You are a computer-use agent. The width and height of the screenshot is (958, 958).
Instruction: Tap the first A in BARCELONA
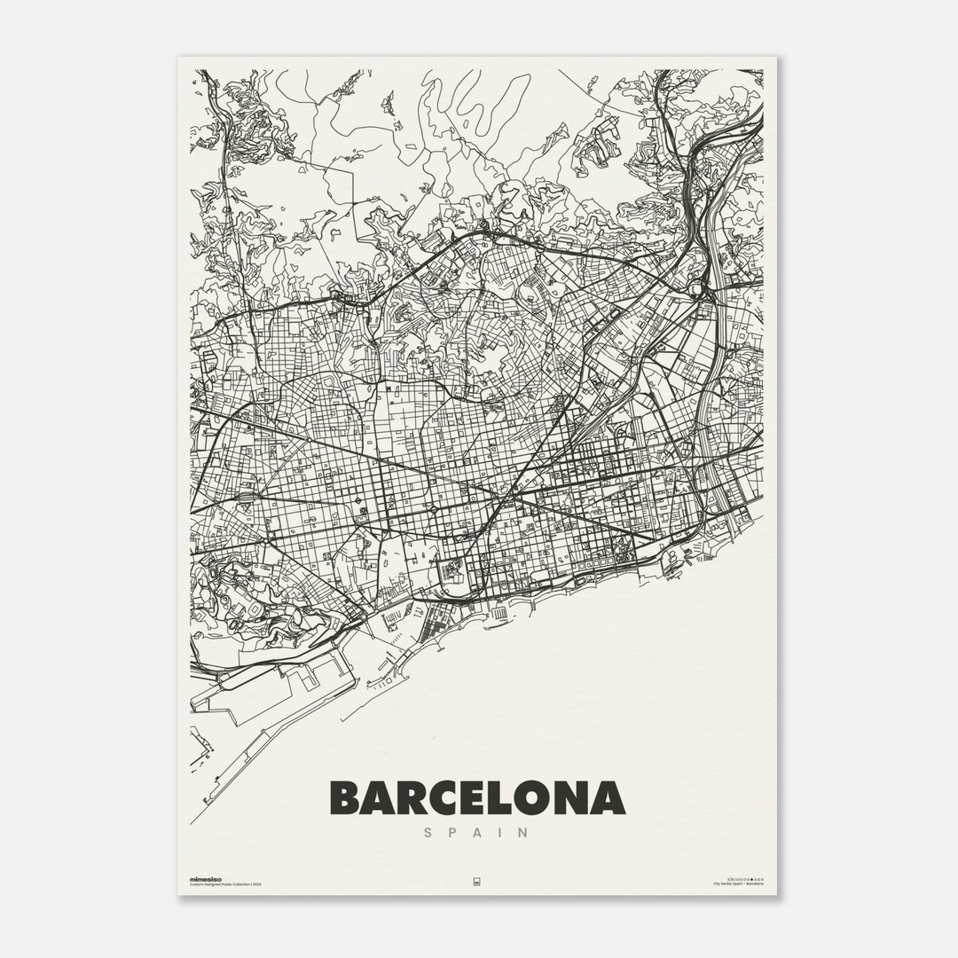point(381,798)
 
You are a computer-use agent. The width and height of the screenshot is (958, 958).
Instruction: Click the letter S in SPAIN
point(428,833)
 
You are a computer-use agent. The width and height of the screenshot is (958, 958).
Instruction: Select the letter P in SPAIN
point(452,833)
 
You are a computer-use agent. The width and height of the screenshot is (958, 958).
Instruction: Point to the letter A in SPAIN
point(479,833)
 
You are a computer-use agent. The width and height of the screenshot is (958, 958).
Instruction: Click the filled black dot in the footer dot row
point(751,878)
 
